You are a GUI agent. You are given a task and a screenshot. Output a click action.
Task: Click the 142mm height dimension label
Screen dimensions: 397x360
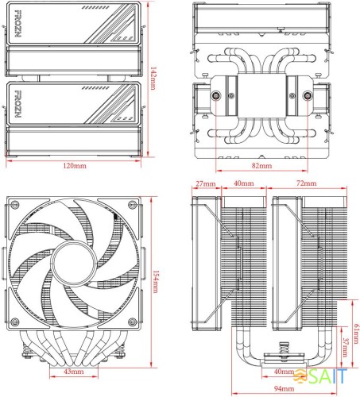tap(153, 78)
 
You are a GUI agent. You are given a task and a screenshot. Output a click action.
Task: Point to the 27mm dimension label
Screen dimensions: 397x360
tap(204, 183)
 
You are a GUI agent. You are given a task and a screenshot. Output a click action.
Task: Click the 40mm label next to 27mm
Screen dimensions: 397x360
tap(244, 183)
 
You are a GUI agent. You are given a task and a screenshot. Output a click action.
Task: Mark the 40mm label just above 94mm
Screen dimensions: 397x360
tap(283, 372)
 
